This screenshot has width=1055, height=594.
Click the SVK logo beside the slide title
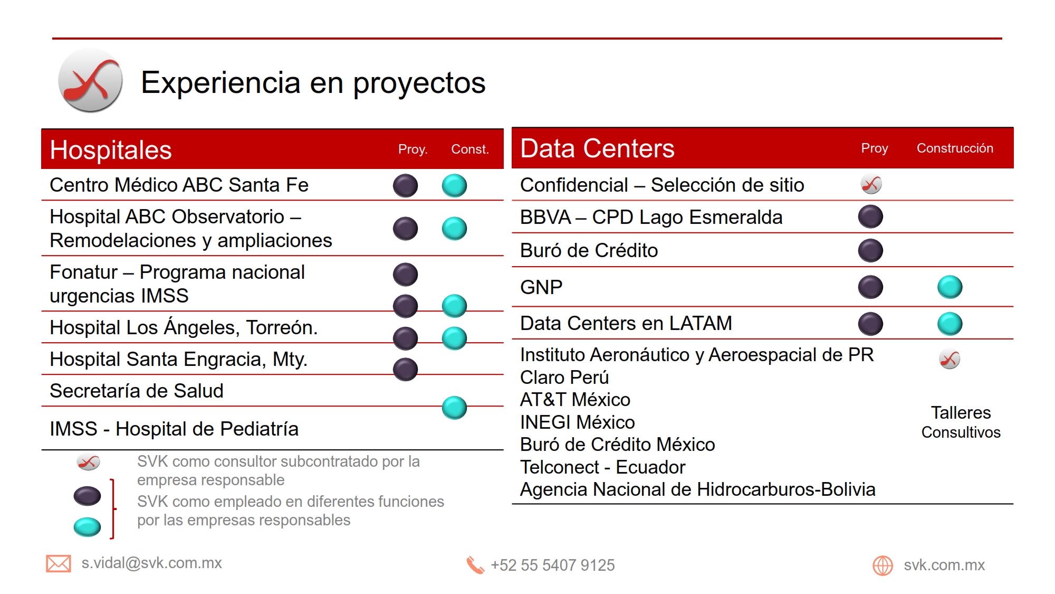[90, 80]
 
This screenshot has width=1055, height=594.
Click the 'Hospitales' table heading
[111, 150]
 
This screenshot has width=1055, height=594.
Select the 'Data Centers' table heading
[597, 148]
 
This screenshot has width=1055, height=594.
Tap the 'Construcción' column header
[955, 148]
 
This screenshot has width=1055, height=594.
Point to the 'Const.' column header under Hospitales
[470, 149]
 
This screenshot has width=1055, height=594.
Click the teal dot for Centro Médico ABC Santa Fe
[454, 185]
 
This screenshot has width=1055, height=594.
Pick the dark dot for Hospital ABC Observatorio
[406, 229]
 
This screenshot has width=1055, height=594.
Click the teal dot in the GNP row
[950, 287]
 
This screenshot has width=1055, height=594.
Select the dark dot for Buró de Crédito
[870, 251]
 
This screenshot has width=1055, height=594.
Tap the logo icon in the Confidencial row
[871, 184]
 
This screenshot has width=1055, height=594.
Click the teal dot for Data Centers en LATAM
[950, 324]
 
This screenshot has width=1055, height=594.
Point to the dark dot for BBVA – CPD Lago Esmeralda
[870, 216]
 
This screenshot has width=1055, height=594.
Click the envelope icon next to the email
[59, 564]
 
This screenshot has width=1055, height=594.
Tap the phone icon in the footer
[475, 565]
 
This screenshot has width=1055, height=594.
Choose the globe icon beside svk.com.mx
[883, 565]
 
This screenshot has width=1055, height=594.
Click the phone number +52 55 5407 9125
[553, 565]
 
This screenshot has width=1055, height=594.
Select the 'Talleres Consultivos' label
[961, 422]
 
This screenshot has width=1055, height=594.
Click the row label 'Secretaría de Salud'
[137, 391]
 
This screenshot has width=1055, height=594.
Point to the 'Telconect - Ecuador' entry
[602, 467]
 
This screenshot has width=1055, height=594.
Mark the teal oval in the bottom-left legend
[87, 527]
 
